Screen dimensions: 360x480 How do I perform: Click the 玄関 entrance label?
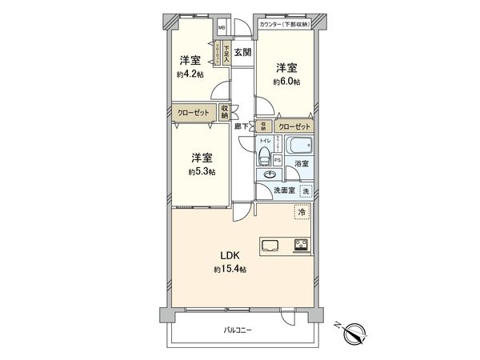tap(242, 53)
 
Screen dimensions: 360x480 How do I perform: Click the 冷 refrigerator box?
tap(302, 212)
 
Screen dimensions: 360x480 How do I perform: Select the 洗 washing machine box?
tap(305, 190)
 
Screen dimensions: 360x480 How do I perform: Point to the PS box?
tap(278, 159)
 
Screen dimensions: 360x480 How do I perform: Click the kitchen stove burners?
tap(303, 246)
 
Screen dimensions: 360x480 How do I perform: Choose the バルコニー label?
tap(238, 330)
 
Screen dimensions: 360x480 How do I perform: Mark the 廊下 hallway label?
tap(239, 126)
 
